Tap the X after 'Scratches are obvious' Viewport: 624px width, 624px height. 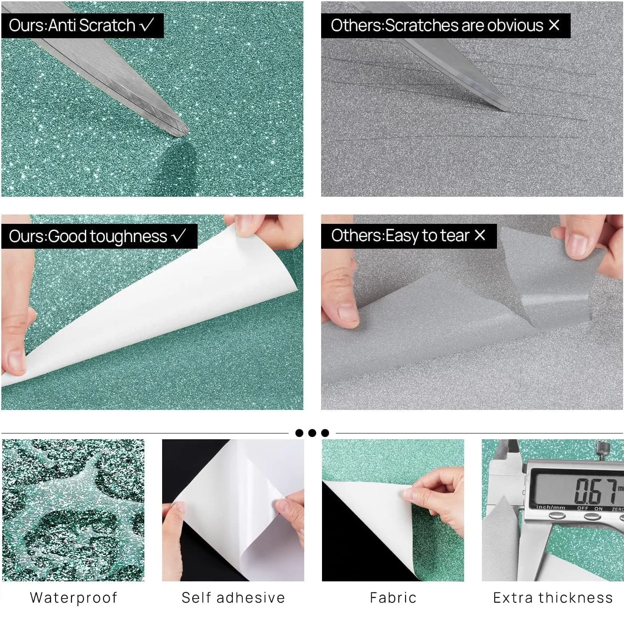pos(554,25)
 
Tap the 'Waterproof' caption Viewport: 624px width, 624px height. pos(74,597)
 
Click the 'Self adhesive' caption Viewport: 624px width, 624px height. pos(233,597)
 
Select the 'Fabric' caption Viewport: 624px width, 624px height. pos(393,597)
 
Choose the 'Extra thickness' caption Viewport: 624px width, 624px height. pos(553,597)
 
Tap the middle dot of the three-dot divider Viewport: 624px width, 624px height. pos(312,433)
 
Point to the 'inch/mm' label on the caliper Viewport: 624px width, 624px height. pos(550,508)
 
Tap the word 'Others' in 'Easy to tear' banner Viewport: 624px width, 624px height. pos(356,235)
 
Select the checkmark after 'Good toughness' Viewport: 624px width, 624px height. pos(179,236)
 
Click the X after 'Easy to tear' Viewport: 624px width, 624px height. pos(480,235)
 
